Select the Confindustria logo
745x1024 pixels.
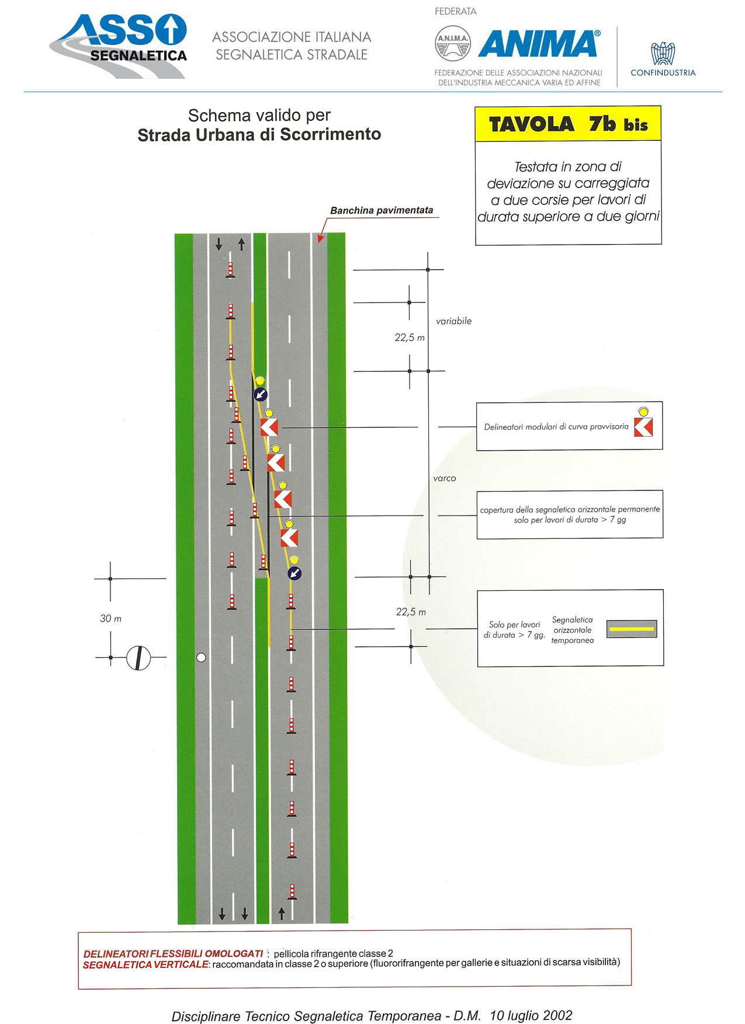[663, 59]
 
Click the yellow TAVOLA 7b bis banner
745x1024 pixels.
[568, 124]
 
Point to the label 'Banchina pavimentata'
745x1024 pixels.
[382, 210]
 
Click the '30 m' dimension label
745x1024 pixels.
[110, 618]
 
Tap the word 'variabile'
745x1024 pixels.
[453, 321]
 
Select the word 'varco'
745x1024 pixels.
[444, 478]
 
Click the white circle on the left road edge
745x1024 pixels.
[201, 657]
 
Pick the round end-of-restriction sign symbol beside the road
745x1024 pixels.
[138, 658]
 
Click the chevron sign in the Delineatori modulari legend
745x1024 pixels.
[643, 427]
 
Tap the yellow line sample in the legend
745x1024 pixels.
[632, 629]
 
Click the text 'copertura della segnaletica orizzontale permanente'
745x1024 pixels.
[570, 509]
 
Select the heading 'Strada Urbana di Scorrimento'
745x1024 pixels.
[259, 135]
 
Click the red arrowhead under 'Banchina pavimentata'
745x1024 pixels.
[320, 238]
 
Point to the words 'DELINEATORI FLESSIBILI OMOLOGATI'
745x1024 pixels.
[173, 953]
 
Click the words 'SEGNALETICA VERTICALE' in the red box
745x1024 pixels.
[145, 964]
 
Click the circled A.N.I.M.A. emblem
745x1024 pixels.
[453, 44]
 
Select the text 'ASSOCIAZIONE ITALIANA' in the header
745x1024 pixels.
[292, 37]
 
